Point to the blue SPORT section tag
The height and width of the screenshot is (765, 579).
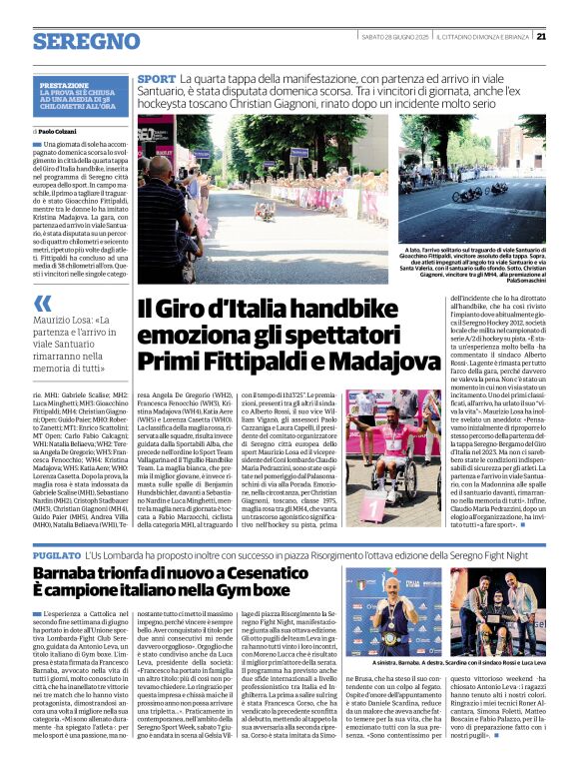pos(156,78)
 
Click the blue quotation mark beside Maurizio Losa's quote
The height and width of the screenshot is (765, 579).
pos(42,304)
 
